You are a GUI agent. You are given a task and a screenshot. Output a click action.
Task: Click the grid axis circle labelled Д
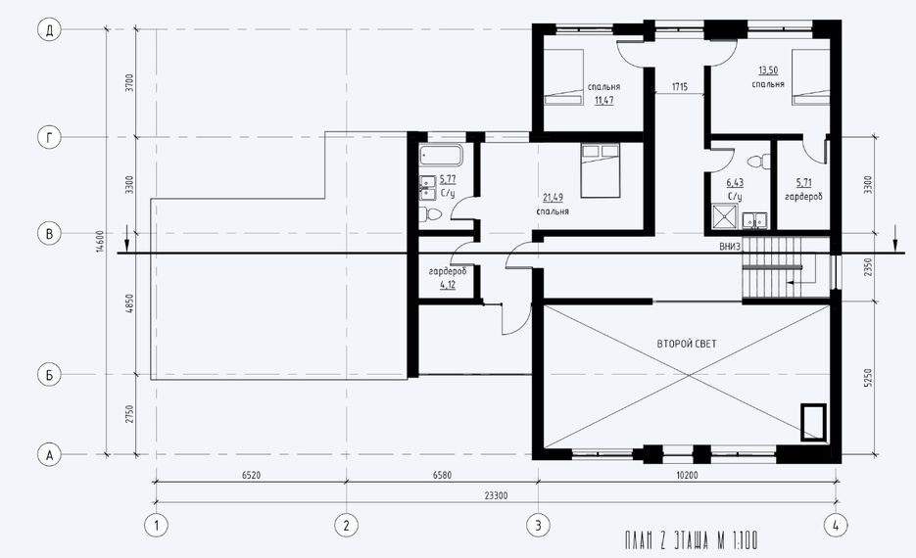(50, 30)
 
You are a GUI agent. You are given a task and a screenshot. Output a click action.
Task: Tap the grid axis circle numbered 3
(538, 526)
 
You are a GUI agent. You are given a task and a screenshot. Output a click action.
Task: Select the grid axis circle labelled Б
(50, 374)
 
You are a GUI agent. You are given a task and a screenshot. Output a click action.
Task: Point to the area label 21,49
(554, 198)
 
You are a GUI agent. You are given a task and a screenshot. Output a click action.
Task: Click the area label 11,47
(604, 101)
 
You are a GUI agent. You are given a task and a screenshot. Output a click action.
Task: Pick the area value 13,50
(768, 70)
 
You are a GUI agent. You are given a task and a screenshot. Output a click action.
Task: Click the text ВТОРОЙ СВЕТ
(687, 344)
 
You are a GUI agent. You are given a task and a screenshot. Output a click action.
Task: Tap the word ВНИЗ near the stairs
(730, 247)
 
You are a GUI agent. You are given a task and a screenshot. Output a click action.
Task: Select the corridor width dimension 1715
(679, 87)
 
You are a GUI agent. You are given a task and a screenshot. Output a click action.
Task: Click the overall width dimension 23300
(496, 495)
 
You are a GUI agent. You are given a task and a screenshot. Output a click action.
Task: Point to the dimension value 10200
(687, 475)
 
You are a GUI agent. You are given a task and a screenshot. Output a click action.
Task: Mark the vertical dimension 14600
(100, 241)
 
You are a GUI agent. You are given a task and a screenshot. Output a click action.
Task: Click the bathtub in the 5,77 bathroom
(441, 156)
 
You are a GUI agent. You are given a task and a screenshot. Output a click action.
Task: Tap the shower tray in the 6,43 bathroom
(725, 216)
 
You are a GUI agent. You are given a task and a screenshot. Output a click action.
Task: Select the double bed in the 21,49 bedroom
(600, 171)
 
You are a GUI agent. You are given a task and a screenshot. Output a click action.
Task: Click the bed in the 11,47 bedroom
(563, 77)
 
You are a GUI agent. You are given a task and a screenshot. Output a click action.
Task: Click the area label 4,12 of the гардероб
(448, 285)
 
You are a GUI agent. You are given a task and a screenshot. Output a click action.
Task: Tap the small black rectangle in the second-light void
(812, 423)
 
